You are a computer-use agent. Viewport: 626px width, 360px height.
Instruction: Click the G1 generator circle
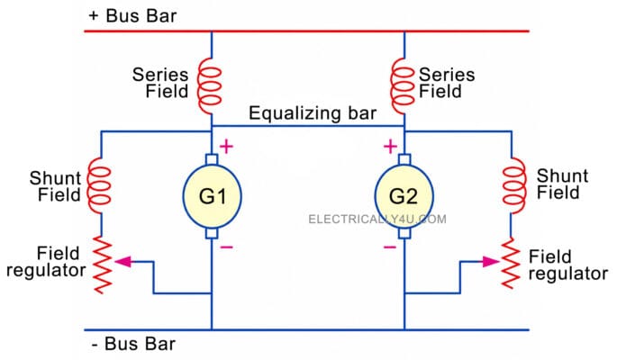coord(212,196)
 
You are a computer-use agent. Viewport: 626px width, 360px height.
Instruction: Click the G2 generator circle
coord(404,196)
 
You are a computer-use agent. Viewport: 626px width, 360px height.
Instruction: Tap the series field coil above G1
coord(209,85)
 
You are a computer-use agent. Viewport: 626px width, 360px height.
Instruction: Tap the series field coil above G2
coord(402,85)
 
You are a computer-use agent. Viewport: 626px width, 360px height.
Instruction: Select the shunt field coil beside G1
coord(99,185)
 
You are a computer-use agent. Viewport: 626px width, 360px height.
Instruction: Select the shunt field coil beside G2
coord(514,185)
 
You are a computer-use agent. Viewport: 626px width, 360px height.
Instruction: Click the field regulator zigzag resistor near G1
coord(102,265)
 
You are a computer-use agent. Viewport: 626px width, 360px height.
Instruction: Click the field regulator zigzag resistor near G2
coord(511,264)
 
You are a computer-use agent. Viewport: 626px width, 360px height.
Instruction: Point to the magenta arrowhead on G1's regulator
coord(123,262)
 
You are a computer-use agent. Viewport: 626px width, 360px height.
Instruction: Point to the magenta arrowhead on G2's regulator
coord(491,262)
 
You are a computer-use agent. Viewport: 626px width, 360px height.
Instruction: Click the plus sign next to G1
coord(226,147)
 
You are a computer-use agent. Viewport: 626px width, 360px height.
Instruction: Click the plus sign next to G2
coord(390,147)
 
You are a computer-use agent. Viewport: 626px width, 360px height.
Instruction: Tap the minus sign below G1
coord(226,247)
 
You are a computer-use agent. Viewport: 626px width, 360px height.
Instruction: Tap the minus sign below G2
coord(390,247)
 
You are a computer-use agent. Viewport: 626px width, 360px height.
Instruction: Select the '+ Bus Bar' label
coord(132,16)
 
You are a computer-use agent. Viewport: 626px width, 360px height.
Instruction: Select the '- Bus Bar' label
coord(133,344)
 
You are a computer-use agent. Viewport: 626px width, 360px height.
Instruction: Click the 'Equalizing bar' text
coord(313,113)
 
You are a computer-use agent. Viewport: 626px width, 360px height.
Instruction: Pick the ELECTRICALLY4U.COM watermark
coord(377,219)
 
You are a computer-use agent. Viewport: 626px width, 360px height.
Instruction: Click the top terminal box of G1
coord(212,159)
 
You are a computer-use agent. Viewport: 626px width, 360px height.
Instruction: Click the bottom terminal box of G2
coord(404,233)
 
